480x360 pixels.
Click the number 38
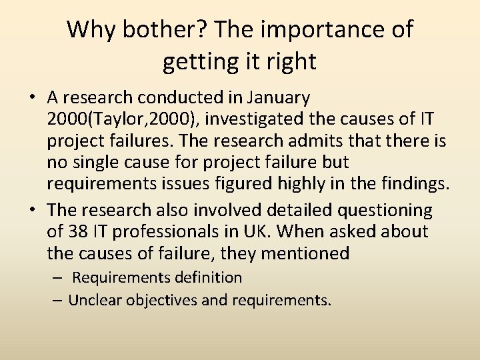click(x=77, y=232)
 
